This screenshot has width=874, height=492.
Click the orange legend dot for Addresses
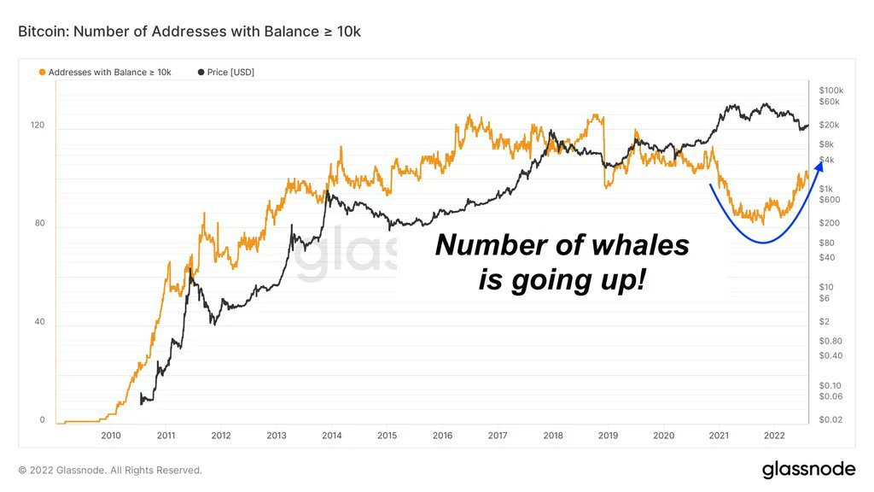point(43,73)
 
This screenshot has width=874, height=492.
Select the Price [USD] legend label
point(230,73)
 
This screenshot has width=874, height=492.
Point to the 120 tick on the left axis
point(38,126)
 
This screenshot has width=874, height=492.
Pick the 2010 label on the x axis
point(111,436)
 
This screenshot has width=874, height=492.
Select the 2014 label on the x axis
point(332,436)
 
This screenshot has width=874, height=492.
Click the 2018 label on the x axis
point(553,436)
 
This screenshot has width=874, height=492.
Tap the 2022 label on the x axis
point(773,436)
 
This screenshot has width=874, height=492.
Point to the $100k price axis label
point(830,91)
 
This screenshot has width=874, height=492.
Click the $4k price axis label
point(825,161)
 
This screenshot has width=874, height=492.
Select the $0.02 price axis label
point(830,419)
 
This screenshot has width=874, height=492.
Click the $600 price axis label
point(829,200)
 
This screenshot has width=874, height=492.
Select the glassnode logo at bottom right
point(807,469)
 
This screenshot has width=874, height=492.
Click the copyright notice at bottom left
point(110,470)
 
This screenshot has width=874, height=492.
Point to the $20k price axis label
point(829,125)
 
